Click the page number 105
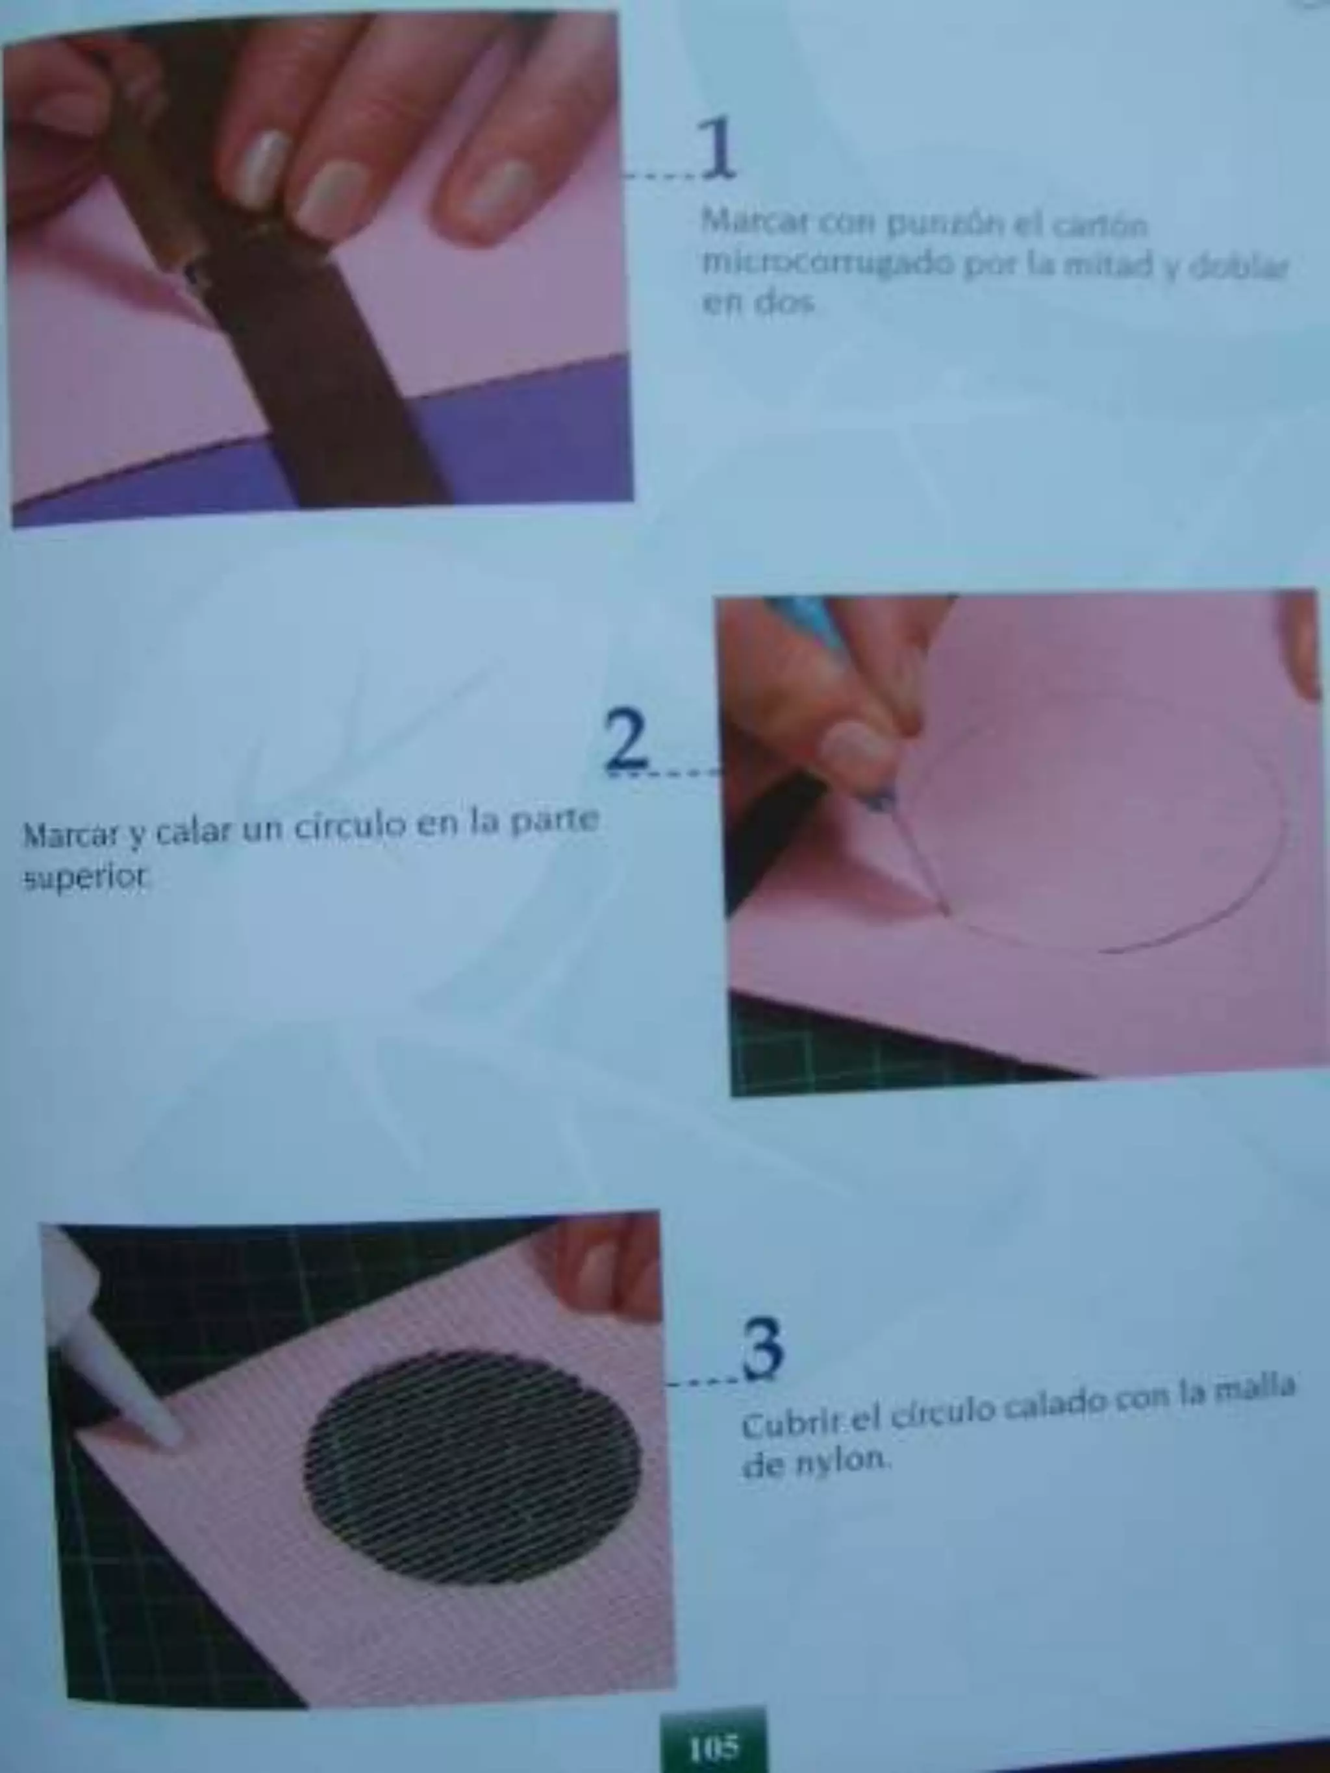(712, 1745)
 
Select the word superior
(86, 878)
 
